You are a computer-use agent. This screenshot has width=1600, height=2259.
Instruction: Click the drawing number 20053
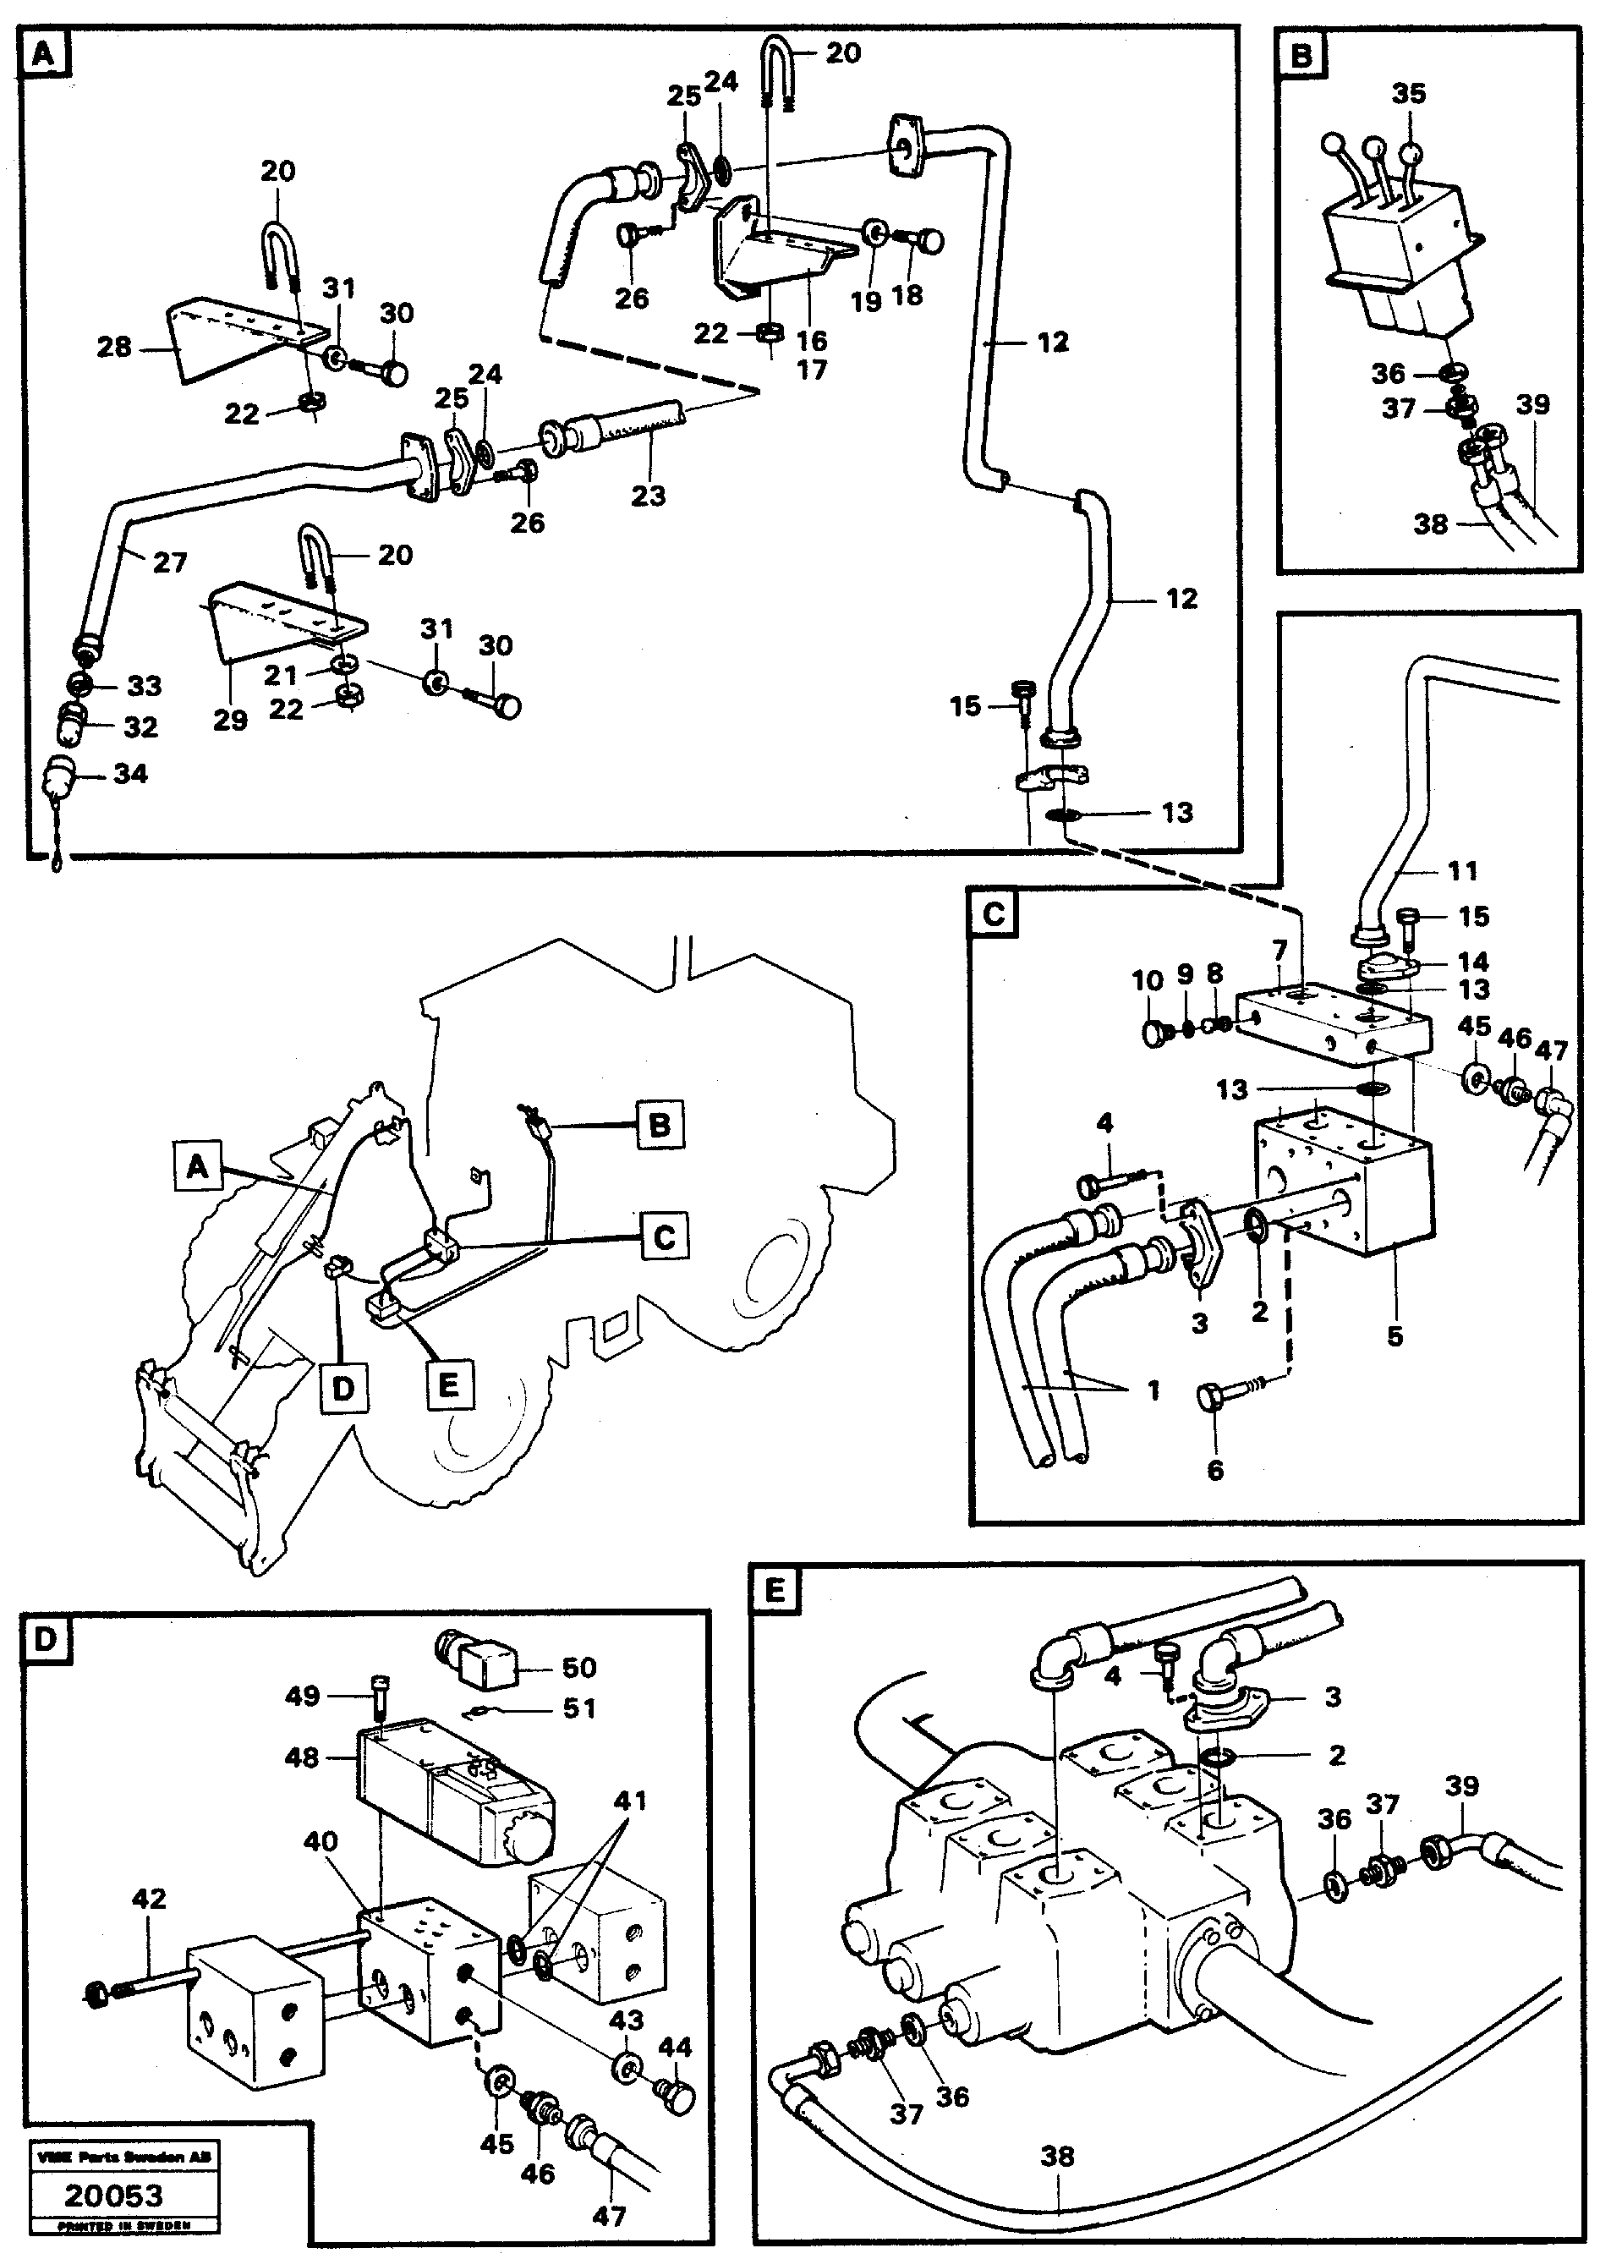(x=113, y=2195)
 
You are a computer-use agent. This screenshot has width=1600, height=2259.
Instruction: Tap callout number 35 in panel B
(x=1409, y=94)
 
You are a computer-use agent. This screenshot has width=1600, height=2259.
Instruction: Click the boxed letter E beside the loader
(x=447, y=1384)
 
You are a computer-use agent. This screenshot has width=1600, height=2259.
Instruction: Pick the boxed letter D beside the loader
(x=342, y=1387)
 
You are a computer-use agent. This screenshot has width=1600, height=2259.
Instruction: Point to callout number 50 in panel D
(x=578, y=1667)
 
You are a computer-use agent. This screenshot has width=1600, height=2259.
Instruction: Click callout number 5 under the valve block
(x=1395, y=1337)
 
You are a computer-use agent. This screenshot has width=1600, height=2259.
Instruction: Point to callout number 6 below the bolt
(x=1214, y=1470)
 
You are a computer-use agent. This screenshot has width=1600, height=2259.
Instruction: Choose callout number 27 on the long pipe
(x=169, y=562)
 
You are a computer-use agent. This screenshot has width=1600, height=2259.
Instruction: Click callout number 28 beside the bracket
(x=114, y=347)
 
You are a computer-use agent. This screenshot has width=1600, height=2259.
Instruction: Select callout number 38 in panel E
(x=1057, y=2157)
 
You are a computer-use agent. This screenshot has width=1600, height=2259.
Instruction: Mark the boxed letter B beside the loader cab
(x=659, y=1125)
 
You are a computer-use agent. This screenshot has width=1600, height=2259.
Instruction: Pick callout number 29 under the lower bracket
(x=231, y=721)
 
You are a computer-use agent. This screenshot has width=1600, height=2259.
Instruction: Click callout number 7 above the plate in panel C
(x=1279, y=951)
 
